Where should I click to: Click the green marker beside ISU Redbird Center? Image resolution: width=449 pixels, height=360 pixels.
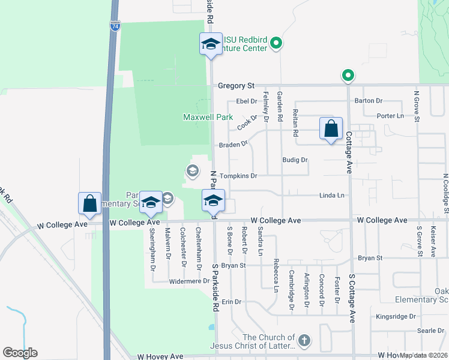point(276,43)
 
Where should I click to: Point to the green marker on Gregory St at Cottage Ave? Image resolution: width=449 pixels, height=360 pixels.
point(348,76)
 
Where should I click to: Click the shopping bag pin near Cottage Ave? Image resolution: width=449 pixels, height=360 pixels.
point(331,129)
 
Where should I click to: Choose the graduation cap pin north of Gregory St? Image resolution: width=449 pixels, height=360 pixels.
point(211,44)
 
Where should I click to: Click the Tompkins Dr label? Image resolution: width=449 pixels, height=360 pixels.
point(238,176)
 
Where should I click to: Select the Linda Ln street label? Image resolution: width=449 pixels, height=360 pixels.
point(332,196)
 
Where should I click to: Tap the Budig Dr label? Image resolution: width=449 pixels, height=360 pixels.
point(295,160)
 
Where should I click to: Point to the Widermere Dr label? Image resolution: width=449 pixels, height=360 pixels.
point(188,281)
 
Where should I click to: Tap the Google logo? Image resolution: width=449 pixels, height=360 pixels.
point(20,353)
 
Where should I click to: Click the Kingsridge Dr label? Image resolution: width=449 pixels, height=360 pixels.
point(396,316)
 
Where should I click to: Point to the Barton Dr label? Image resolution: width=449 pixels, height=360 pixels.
point(369,101)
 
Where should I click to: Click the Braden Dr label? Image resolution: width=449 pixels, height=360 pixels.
point(233,144)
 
